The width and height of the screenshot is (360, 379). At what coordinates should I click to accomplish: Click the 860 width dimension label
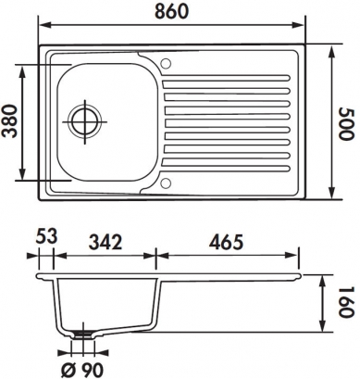tap(171, 11)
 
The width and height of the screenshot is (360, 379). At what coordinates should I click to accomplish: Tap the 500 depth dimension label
tap(345, 123)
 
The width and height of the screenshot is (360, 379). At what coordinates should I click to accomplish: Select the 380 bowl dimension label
tap(8, 121)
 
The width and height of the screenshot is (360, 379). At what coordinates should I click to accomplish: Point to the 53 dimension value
tap(46, 237)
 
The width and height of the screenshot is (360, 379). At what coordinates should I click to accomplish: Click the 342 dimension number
tap(106, 242)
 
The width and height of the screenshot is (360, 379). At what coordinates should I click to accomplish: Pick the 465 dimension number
tap(227, 242)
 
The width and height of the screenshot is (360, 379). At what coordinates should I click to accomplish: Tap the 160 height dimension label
tap(345, 303)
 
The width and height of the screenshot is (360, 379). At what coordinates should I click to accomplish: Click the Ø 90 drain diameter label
tap(82, 369)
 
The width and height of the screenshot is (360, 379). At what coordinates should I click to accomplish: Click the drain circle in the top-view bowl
tap(84, 121)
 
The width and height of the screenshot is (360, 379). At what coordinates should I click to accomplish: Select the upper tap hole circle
tap(166, 63)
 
